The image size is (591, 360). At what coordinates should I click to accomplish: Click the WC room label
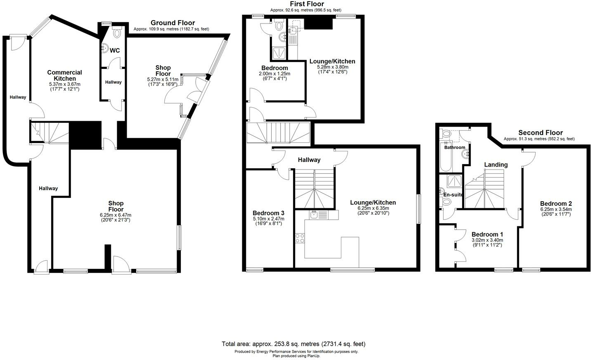point(115,50)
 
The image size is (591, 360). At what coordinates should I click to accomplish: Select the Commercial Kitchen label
point(64,75)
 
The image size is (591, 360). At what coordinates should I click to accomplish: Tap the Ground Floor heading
point(173,23)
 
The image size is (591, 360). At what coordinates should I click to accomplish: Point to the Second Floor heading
point(540,132)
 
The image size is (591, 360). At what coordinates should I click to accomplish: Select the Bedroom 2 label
point(556,203)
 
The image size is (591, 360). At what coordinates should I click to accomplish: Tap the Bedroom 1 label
point(487,234)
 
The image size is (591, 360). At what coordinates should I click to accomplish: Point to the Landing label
point(496,165)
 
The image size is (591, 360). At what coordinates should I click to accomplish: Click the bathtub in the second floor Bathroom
point(447,161)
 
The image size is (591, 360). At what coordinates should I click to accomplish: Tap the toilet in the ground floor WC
point(117,33)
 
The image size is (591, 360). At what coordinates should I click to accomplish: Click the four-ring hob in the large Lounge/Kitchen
point(300,238)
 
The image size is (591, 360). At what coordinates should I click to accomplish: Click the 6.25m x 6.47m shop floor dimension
point(116,215)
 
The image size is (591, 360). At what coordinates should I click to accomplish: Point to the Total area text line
point(293,344)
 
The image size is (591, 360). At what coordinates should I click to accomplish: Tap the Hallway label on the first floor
point(309,160)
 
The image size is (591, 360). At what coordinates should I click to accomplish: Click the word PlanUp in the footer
point(313,356)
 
